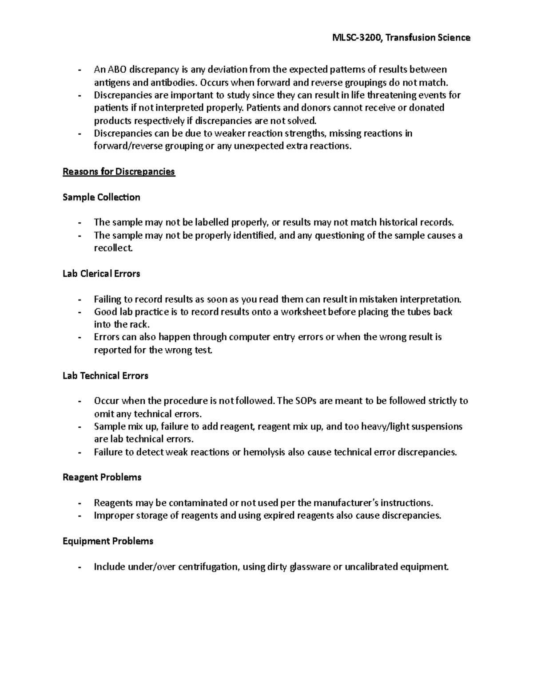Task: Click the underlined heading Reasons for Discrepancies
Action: coord(119,172)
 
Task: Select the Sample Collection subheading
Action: coord(101,197)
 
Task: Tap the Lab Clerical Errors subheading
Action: coord(101,274)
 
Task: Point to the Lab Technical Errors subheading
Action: coord(105,376)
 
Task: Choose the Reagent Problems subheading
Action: coord(102,477)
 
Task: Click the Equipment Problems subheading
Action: coord(108,541)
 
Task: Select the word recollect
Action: coord(113,248)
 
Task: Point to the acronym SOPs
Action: coord(306,401)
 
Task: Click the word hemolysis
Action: coord(265,453)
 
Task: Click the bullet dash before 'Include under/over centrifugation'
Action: coord(79,567)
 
